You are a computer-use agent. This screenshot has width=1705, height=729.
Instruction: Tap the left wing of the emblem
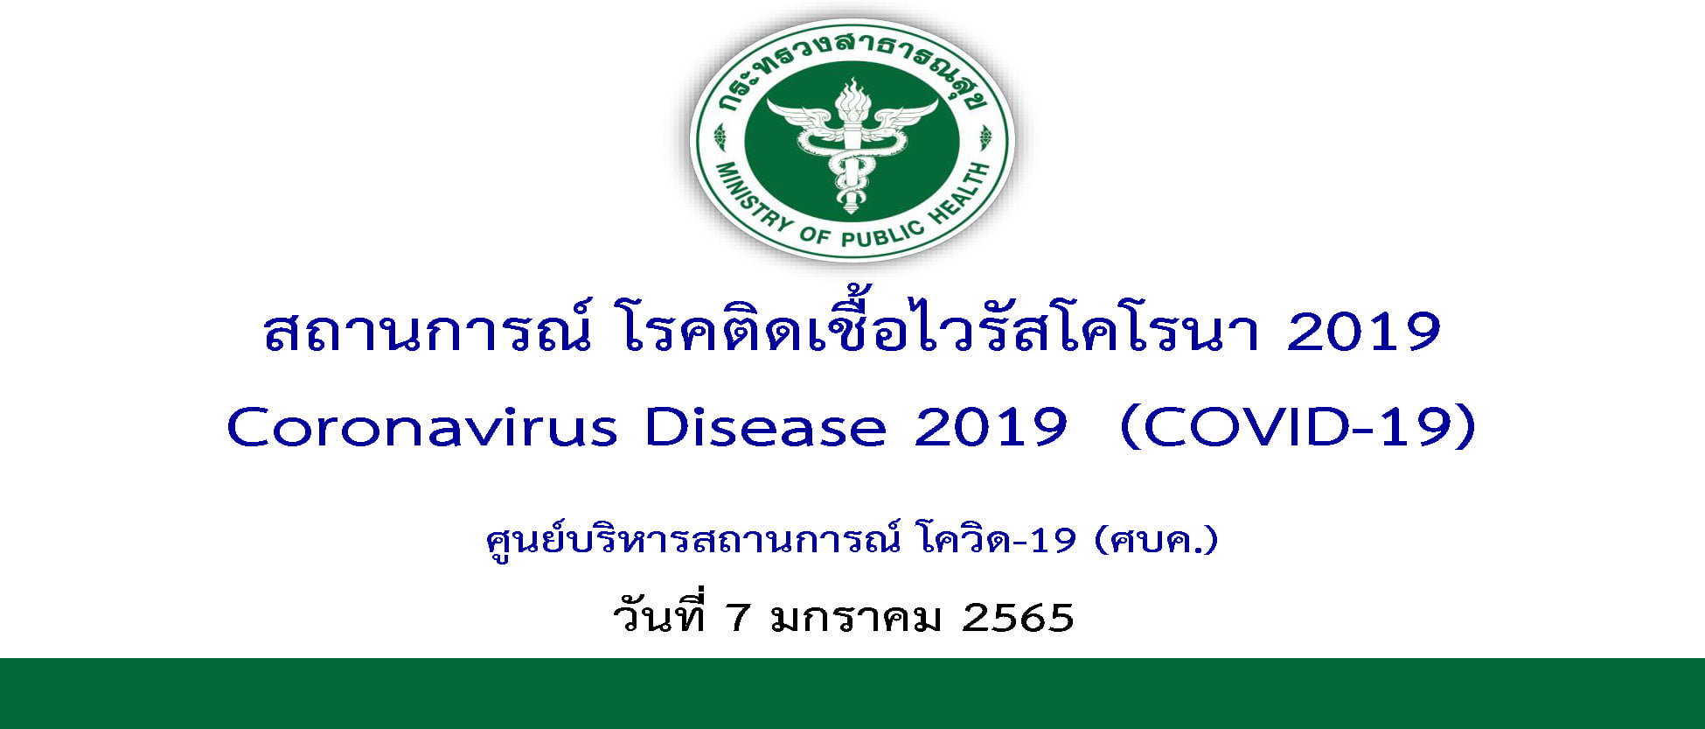(800, 118)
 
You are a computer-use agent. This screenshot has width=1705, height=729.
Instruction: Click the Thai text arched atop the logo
(852, 66)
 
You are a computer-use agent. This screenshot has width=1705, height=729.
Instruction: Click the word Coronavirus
(422, 428)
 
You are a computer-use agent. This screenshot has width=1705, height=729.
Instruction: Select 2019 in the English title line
(991, 428)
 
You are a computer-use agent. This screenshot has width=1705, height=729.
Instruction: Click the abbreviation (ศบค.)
(1155, 540)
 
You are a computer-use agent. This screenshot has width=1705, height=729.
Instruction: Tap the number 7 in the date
(738, 618)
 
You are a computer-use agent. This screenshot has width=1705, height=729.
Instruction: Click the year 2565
(1018, 618)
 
